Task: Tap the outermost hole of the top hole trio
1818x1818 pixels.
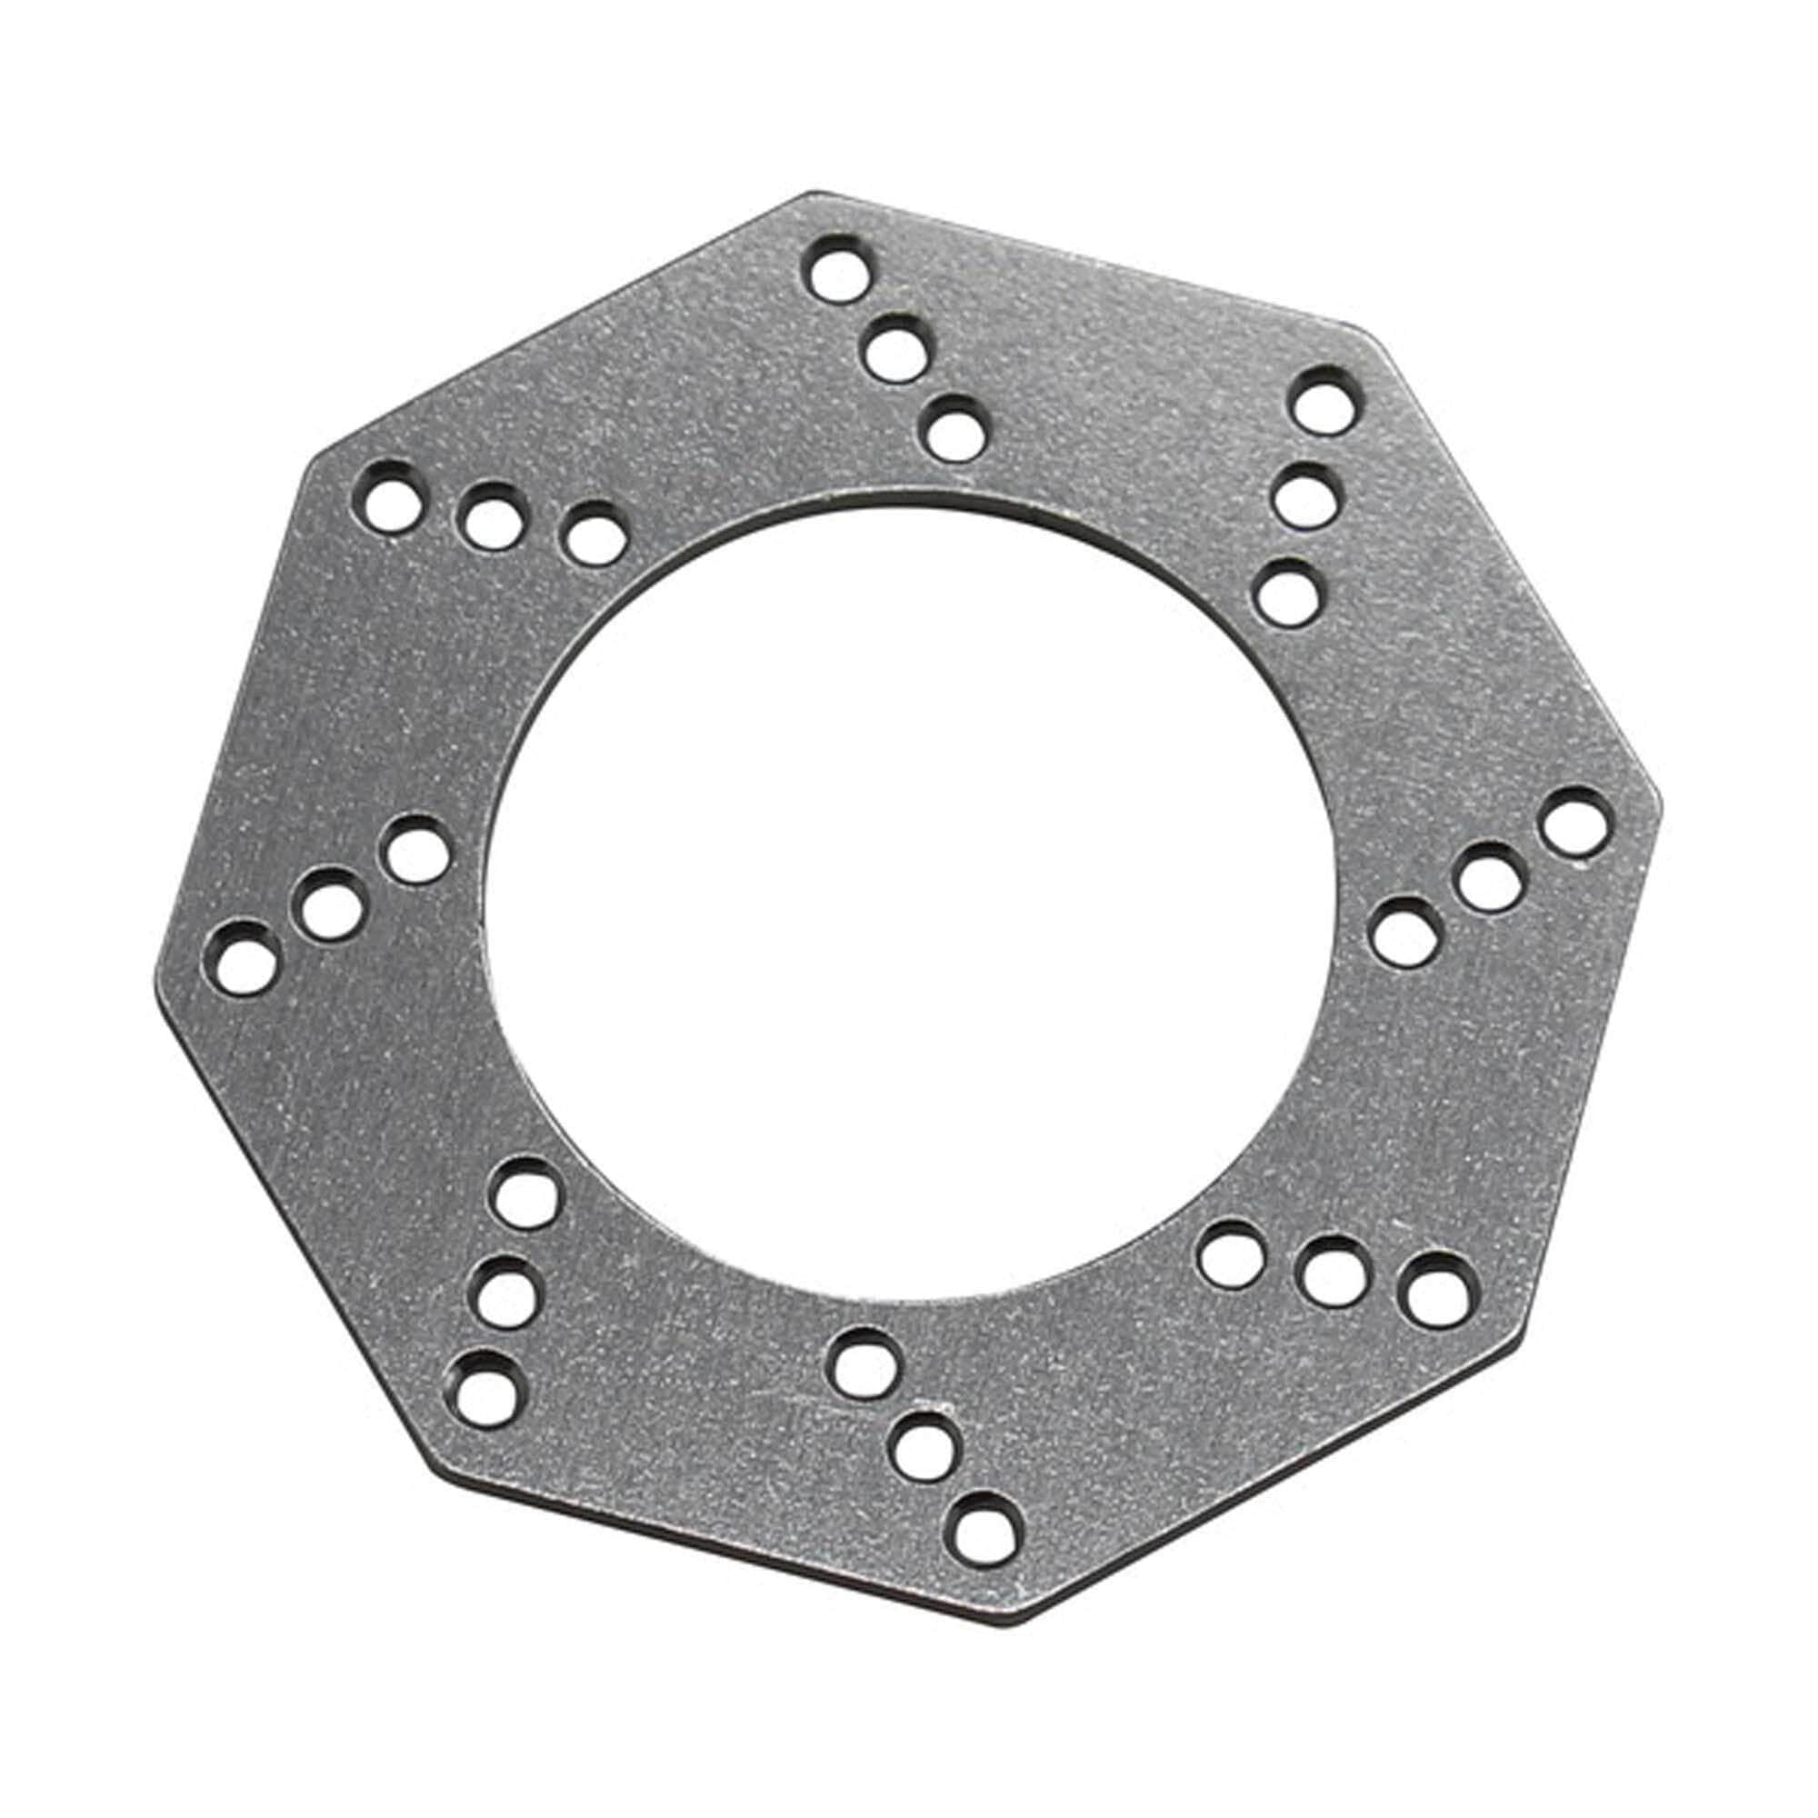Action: [837, 270]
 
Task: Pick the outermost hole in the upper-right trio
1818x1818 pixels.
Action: [1328, 401]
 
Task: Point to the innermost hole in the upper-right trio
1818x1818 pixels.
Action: [1288, 592]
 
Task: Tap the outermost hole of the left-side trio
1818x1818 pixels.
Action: [240, 957]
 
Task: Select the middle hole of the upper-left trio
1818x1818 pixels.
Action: [491, 514]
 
